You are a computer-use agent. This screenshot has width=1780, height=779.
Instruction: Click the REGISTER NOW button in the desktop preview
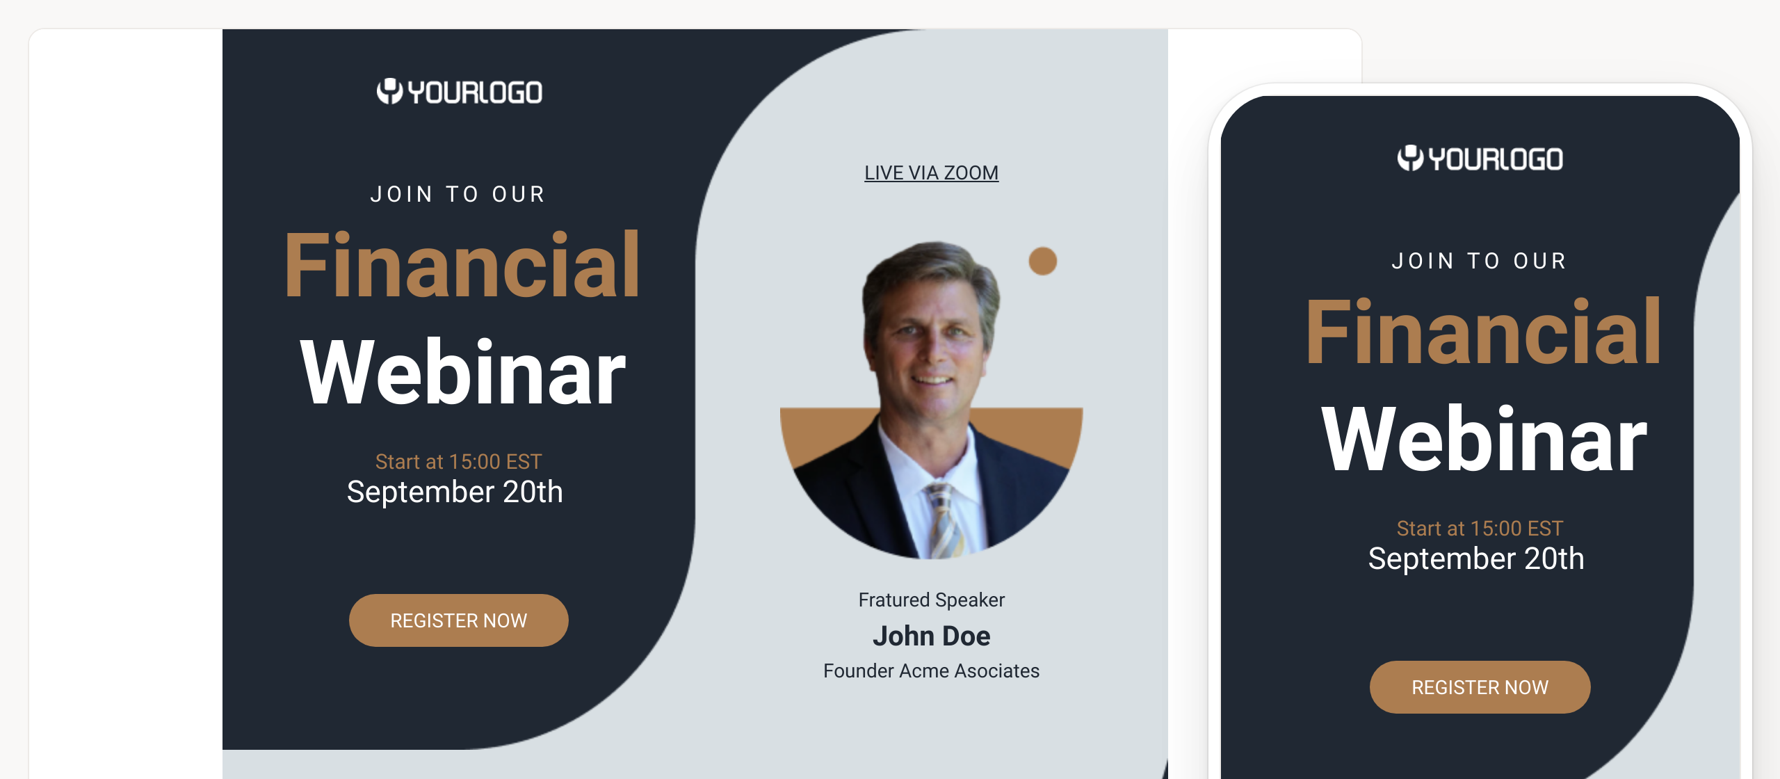[459, 620]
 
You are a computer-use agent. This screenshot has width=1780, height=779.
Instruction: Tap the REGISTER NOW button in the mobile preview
[1480, 686]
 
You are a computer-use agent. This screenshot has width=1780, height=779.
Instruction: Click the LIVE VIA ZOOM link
[931, 172]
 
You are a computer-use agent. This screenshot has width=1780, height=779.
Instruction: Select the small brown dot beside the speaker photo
[1043, 261]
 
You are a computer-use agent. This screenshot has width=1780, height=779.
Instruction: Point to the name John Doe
[931, 636]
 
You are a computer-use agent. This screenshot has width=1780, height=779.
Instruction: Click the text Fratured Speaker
[931, 600]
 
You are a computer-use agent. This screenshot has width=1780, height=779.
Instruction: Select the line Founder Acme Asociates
[931, 670]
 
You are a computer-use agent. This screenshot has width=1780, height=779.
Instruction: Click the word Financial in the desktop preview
[462, 265]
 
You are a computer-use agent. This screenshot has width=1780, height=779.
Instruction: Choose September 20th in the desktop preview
[455, 492]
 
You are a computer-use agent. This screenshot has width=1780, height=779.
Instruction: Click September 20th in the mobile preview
[1476, 559]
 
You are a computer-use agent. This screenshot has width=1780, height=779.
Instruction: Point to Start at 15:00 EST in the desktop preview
[458, 461]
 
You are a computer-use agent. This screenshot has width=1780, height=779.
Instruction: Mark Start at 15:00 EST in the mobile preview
[1480, 528]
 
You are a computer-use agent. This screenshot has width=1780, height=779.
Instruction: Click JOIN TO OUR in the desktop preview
[458, 194]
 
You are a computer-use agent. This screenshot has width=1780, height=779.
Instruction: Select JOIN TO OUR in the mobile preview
[1480, 261]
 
